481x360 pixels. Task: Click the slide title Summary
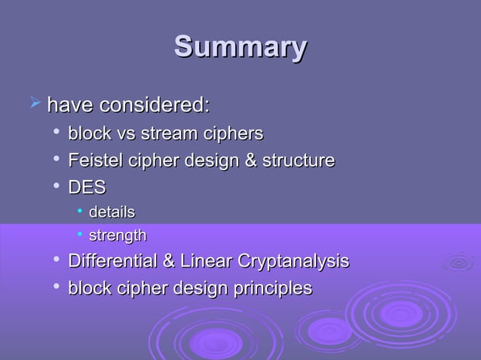[240, 47]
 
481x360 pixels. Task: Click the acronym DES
[87, 187]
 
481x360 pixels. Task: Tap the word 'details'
[112, 212]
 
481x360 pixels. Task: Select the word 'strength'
[118, 236]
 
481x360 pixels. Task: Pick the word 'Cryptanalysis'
[293, 261]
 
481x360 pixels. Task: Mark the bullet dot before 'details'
[79, 211]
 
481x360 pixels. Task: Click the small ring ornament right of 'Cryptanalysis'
[458, 261]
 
